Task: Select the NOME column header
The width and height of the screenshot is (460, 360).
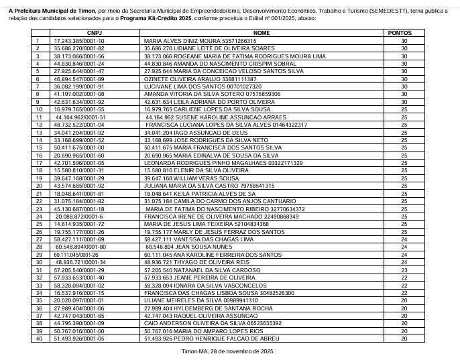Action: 262,32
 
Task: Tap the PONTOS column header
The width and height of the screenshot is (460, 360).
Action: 404,32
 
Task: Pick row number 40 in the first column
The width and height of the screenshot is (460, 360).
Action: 39,338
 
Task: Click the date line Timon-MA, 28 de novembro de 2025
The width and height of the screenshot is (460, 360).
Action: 229,351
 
